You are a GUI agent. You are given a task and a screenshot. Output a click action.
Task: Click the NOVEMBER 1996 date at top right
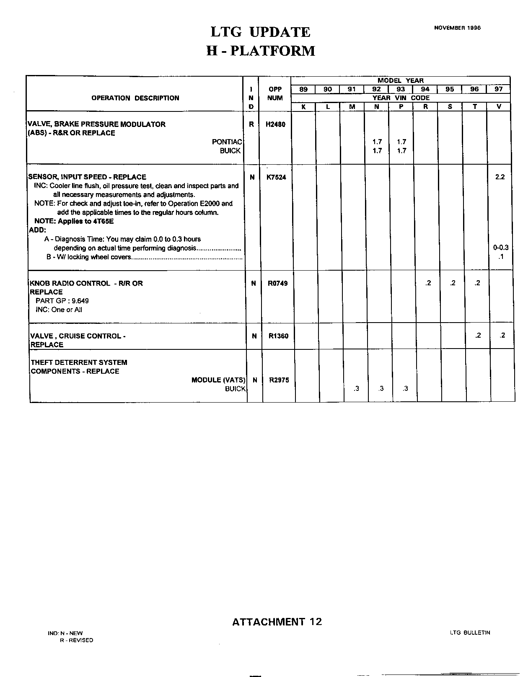[x=457, y=28]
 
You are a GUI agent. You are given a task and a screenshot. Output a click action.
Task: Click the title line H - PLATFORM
[x=261, y=51]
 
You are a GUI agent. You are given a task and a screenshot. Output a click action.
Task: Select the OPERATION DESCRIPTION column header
[x=135, y=98]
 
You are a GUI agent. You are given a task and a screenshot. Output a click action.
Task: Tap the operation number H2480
[x=275, y=124]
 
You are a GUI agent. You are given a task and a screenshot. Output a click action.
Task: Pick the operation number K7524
[x=276, y=177]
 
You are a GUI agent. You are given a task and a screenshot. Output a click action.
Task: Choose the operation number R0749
[x=277, y=284]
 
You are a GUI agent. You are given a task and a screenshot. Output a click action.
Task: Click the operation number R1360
[x=278, y=336]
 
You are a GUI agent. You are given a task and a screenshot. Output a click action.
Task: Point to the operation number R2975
[x=279, y=380]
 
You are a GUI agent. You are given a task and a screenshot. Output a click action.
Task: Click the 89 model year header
[x=303, y=89]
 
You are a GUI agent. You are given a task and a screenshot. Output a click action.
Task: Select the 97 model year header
[x=498, y=89]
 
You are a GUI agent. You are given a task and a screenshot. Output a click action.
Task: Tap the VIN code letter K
[x=303, y=107]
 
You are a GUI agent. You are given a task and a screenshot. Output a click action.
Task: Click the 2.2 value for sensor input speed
[x=500, y=177]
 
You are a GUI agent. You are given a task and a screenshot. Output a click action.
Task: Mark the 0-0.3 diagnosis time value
[x=501, y=248]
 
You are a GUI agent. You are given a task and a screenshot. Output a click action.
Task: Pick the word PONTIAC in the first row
[x=227, y=142]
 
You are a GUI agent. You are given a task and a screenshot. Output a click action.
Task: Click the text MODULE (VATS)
[x=218, y=380]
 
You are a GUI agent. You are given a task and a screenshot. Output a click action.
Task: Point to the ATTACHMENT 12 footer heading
[x=277, y=622]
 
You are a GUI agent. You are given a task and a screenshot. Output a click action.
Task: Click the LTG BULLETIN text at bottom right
[x=470, y=633]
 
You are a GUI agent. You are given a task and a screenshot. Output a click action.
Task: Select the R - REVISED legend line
[x=76, y=640]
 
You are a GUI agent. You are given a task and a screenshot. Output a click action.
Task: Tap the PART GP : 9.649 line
[x=62, y=301]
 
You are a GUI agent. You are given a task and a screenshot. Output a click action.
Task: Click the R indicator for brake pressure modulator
[x=251, y=124]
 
